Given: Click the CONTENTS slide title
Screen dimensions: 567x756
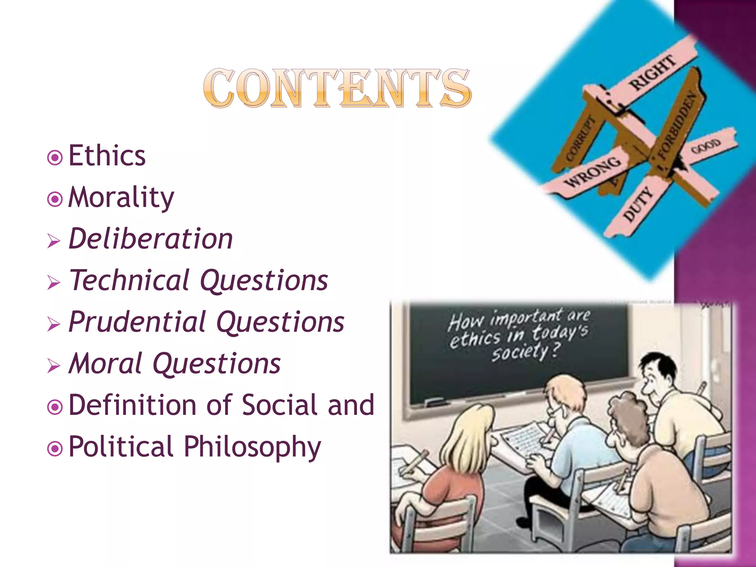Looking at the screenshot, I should point(337,89).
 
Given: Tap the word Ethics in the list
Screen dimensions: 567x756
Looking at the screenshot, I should point(107,156).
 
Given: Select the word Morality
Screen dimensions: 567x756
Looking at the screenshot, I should point(121,197).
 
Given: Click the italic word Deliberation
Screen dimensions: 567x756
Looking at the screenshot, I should point(151,239).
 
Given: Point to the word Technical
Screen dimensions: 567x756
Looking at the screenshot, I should point(130,280).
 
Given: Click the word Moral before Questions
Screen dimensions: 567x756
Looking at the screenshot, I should point(106,364).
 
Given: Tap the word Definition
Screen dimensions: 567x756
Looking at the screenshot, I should point(132,405).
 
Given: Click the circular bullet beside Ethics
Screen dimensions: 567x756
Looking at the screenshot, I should point(55,158).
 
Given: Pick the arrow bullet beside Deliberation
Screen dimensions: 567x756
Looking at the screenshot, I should point(54,242).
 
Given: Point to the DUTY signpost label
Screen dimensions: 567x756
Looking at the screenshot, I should point(638,203).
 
